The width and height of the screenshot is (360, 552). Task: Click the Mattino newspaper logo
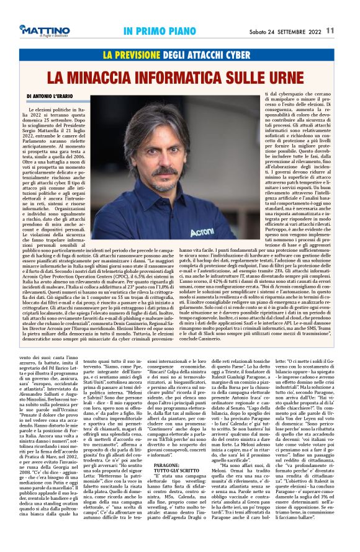(44, 30)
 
